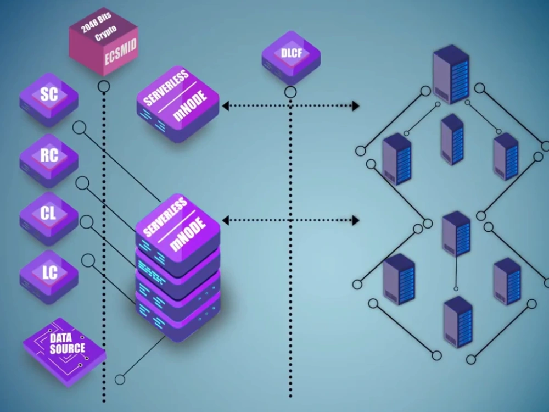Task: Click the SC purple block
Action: (49, 99)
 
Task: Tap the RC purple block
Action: (49, 160)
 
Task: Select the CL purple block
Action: (49, 218)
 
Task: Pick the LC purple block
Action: (49, 277)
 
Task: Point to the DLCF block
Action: (291, 57)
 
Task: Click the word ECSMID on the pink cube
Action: (120, 52)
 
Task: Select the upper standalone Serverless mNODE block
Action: (178, 104)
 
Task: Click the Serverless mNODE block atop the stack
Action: (178, 230)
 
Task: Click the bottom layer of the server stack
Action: (178, 317)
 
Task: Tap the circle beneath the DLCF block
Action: (290, 92)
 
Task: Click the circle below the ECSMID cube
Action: (104, 86)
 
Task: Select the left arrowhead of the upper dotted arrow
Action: (226, 106)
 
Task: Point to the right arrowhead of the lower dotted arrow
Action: (355, 220)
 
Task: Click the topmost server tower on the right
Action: (451, 74)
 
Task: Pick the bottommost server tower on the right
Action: (458, 322)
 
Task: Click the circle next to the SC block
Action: (80, 128)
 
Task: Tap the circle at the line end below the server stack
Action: (120, 380)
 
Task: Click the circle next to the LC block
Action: (88, 260)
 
